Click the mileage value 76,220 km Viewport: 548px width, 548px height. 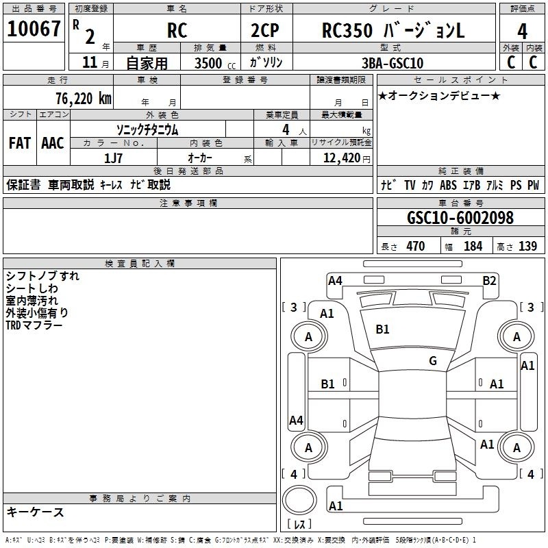click(x=81, y=98)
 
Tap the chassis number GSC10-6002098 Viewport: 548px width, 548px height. click(x=460, y=218)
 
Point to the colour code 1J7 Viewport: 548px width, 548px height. click(x=113, y=157)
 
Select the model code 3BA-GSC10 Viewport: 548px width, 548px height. click(x=392, y=63)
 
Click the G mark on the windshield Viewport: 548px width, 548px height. click(x=432, y=361)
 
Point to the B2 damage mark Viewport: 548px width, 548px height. click(x=488, y=280)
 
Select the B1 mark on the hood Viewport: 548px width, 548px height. click(x=382, y=329)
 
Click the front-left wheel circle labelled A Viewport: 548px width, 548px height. click(x=308, y=337)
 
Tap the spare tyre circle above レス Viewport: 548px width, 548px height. click(x=299, y=500)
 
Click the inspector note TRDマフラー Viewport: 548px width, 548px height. click(x=34, y=325)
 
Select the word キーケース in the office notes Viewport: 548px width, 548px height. click(x=35, y=512)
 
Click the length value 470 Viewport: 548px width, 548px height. click(x=415, y=246)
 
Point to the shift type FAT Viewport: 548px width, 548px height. click(x=19, y=142)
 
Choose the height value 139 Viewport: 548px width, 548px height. click(x=527, y=246)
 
